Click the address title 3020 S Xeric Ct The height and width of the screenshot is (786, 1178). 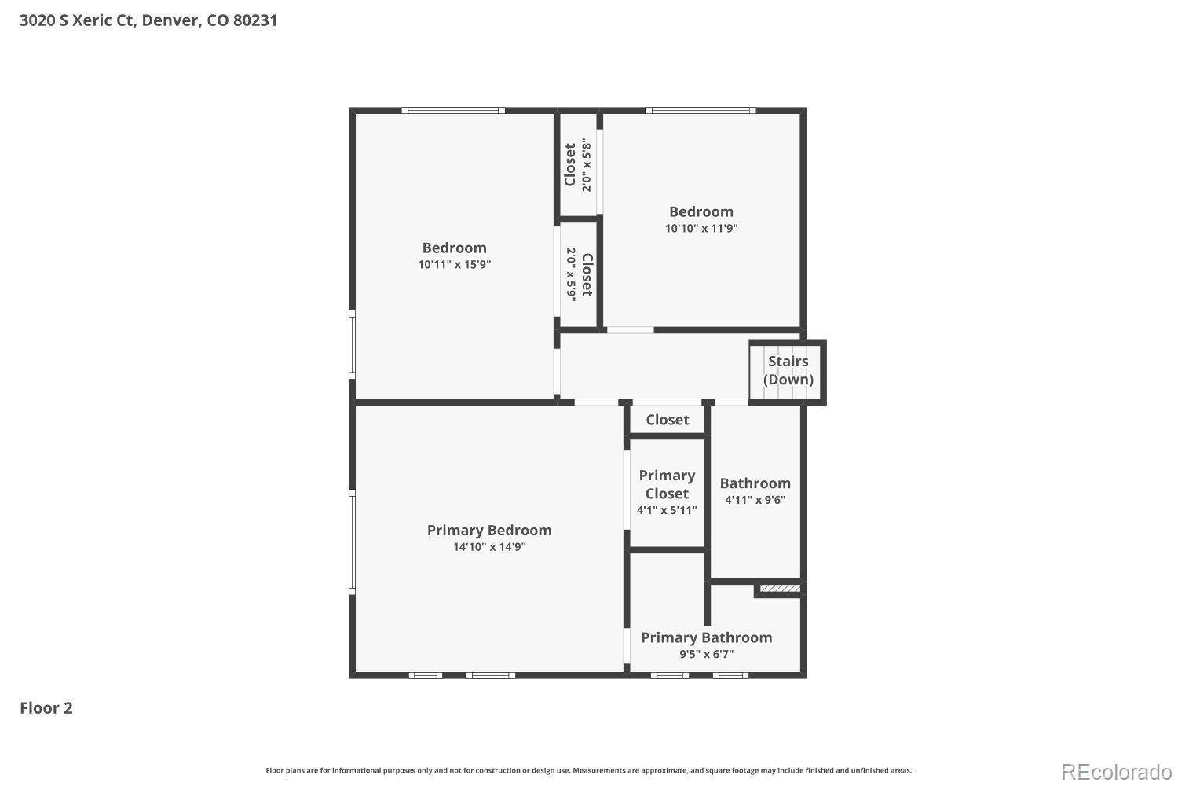pyautogui.click(x=148, y=20)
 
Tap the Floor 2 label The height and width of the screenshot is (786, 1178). pyautogui.click(x=46, y=708)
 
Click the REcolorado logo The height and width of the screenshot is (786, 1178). pyautogui.click(x=1116, y=773)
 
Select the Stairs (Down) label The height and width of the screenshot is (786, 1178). pyautogui.click(x=788, y=370)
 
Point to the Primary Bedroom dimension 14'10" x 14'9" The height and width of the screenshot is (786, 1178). pyautogui.click(x=489, y=547)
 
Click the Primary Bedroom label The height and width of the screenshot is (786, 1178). pyautogui.click(x=489, y=530)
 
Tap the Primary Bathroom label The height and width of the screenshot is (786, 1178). pyautogui.click(x=706, y=637)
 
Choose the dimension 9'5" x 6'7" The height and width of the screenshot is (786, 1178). pyautogui.click(x=706, y=655)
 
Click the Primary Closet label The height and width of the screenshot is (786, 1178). pyautogui.click(x=667, y=484)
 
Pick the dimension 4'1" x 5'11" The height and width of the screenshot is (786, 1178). pyautogui.click(x=667, y=510)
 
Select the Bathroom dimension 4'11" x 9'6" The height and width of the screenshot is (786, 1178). pyautogui.click(x=755, y=500)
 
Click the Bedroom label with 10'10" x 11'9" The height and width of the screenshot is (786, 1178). pyautogui.click(x=701, y=211)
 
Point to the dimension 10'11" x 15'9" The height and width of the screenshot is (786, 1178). pyautogui.click(x=455, y=264)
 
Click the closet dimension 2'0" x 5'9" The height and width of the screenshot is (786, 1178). pyautogui.click(x=571, y=274)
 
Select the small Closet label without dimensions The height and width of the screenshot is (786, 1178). pyautogui.click(x=668, y=420)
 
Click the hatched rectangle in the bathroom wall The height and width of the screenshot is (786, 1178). pyautogui.click(x=781, y=588)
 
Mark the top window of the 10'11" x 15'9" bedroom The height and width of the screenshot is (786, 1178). pyautogui.click(x=453, y=111)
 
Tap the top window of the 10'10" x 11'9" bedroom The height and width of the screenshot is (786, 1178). pyautogui.click(x=701, y=111)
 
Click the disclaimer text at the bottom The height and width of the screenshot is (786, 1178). pyautogui.click(x=588, y=770)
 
